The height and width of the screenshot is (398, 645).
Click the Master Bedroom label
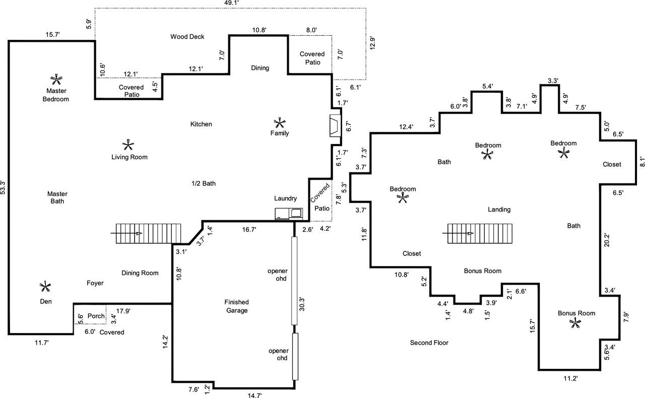point(56,95)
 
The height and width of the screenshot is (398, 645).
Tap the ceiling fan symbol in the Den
point(45,287)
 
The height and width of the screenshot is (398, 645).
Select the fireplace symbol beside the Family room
point(335,126)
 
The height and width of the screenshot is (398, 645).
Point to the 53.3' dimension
point(3,187)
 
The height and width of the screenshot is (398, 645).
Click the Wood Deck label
point(187,37)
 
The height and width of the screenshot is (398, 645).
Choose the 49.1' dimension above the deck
point(231,3)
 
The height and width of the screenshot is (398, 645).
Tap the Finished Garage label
point(237,306)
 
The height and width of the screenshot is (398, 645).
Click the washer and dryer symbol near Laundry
point(289,214)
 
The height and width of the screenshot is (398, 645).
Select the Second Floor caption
point(429,343)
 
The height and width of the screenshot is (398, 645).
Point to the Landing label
point(499,210)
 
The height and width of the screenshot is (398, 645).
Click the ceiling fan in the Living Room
point(128,145)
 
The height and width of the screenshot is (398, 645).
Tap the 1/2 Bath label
point(204,183)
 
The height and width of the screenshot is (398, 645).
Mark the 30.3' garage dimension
point(302,304)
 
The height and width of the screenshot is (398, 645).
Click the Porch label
point(96,316)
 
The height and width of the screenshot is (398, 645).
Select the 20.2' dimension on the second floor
point(607,240)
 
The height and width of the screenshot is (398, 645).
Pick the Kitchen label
point(201,124)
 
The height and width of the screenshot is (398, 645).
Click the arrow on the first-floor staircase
point(126,233)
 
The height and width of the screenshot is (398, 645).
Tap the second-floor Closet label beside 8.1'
point(612,164)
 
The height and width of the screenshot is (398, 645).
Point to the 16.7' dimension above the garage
point(249,230)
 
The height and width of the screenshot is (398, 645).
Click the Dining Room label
point(140,273)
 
